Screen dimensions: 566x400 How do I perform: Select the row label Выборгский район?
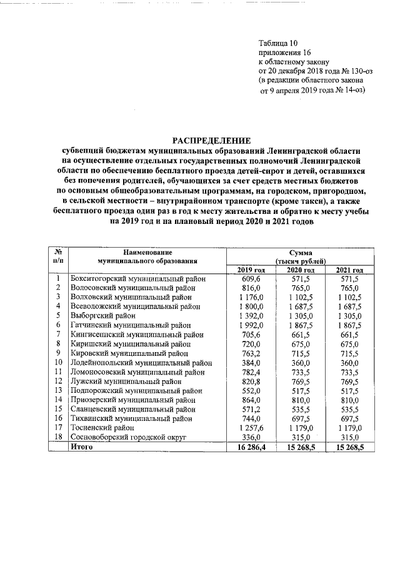[104, 316]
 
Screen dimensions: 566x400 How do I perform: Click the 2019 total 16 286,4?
[250, 448]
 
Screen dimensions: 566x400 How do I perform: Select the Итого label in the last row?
[82, 448]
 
